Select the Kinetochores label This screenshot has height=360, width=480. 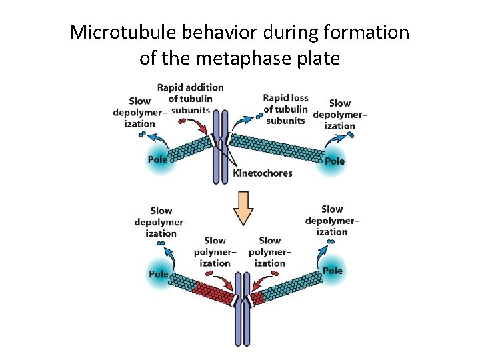[262, 173]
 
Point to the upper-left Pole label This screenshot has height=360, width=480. [158, 159]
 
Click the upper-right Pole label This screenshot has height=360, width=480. [335, 161]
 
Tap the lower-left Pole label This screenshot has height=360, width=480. [159, 274]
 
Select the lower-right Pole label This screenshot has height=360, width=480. [333, 271]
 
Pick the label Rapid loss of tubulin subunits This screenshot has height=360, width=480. [285, 109]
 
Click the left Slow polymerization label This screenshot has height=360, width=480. [215, 252]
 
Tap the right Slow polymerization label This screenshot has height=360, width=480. [269, 252]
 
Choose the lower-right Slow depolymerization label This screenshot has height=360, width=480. [332, 221]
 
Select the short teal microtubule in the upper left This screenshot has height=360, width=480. [189, 149]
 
